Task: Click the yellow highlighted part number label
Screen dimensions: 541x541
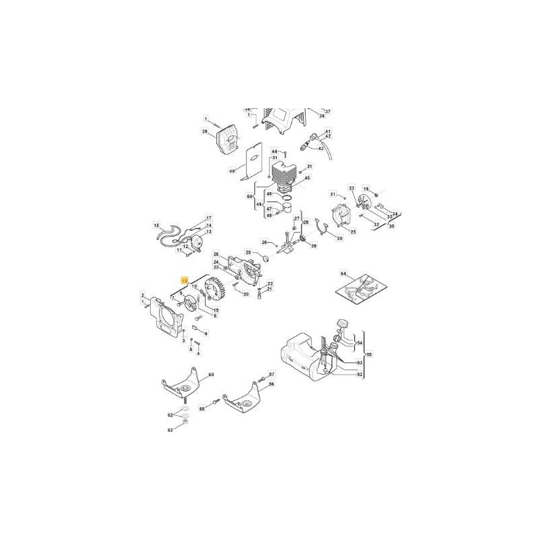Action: tap(183, 279)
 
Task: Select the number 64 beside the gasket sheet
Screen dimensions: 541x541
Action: tap(343, 274)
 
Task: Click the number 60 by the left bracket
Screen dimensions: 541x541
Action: tap(210, 374)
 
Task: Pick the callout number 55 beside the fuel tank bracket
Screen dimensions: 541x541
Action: tap(369, 354)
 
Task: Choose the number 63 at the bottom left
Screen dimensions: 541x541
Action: tap(170, 429)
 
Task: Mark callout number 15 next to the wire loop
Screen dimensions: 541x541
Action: tap(156, 225)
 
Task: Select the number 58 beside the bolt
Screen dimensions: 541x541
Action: tap(202, 408)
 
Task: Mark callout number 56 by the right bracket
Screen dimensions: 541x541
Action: tap(272, 384)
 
